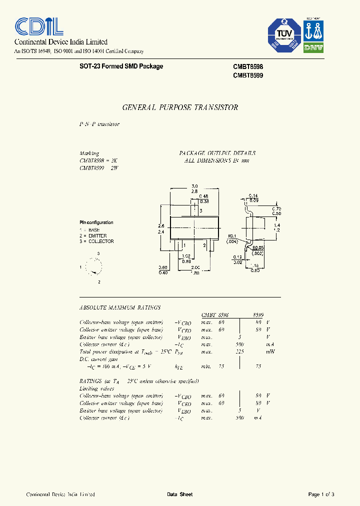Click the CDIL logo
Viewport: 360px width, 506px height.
pyautogui.click(x=38, y=26)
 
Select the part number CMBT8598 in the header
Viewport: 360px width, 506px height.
pyautogui.click(x=248, y=66)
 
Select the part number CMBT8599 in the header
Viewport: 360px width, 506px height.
pyautogui.click(x=248, y=75)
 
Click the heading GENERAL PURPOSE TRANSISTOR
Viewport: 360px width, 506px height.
pyautogui.click(x=180, y=107)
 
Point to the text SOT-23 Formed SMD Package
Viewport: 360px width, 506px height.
pyautogui.click(x=121, y=66)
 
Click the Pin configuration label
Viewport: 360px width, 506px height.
pyautogui.click(x=96, y=222)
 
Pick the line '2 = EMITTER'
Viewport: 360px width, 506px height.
pyautogui.click(x=93, y=235)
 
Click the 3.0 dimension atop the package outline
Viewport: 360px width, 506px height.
pyautogui.click(x=194, y=186)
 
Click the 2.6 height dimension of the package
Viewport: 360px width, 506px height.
pyautogui.click(x=161, y=226)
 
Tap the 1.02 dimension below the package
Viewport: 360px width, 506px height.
pyautogui.click(x=186, y=255)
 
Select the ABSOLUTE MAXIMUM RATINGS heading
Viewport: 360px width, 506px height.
pyautogui.click(x=120, y=307)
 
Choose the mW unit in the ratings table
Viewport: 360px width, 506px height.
pyautogui.click(x=270, y=352)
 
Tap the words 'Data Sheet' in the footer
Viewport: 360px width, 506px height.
pyautogui.click(x=179, y=494)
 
